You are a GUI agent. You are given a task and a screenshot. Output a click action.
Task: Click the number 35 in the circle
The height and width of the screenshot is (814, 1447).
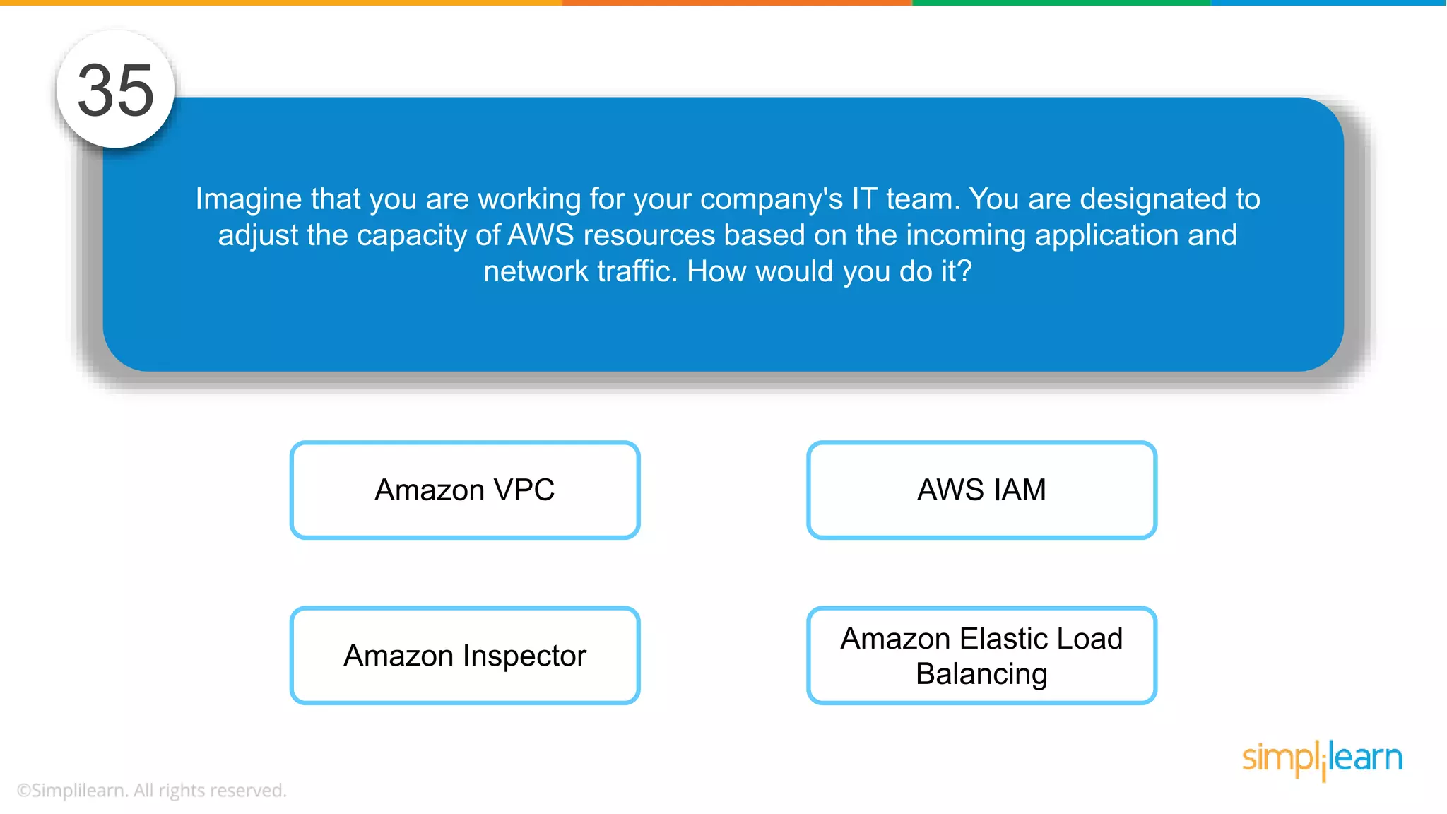(x=115, y=90)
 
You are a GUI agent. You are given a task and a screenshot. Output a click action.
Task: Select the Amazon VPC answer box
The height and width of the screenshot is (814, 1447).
(x=465, y=490)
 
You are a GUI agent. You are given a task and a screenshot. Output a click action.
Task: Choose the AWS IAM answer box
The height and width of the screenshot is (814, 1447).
(x=981, y=490)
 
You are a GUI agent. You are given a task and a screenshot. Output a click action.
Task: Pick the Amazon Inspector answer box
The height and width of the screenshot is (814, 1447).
(x=465, y=655)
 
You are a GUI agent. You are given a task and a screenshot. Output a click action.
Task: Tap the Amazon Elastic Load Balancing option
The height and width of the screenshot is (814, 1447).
(x=981, y=655)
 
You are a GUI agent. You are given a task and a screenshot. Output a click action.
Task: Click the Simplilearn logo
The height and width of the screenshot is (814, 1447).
(x=1322, y=759)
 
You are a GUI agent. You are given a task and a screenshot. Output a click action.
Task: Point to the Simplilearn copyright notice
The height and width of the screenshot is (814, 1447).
(x=151, y=790)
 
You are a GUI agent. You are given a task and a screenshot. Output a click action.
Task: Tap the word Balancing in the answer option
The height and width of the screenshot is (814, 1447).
(x=981, y=674)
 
